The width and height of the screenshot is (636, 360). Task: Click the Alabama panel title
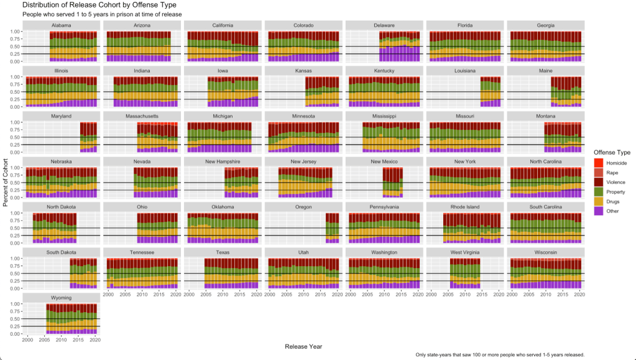click(61, 25)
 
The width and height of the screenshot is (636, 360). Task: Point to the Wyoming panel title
click(61, 298)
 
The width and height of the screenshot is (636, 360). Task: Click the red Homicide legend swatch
click(598, 162)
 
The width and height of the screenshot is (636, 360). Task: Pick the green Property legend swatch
click(598, 192)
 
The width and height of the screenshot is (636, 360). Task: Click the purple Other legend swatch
click(598, 211)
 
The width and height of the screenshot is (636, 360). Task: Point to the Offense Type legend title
click(612, 152)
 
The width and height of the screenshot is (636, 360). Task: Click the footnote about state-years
click(500, 354)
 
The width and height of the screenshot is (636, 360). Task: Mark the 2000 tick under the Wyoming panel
click(28, 341)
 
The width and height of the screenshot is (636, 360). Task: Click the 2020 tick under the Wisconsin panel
click(579, 295)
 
